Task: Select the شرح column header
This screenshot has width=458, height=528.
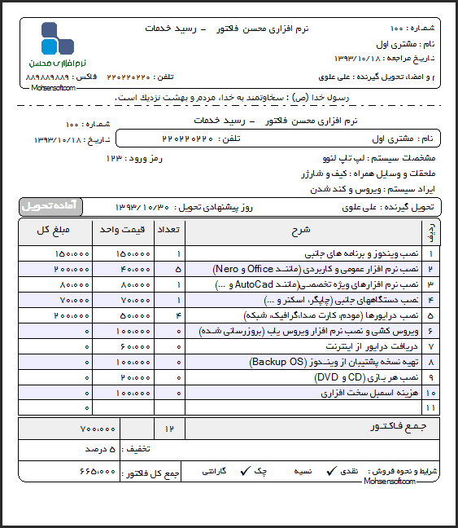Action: click(301, 231)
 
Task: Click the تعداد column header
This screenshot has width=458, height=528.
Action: click(171, 231)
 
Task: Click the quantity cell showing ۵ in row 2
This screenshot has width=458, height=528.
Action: click(177, 268)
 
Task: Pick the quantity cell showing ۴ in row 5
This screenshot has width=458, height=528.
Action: click(177, 315)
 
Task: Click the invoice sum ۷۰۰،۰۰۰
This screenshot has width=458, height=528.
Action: click(98, 429)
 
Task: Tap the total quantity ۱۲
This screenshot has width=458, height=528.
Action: click(170, 429)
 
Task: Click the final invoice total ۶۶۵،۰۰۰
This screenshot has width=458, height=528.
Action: click(98, 472)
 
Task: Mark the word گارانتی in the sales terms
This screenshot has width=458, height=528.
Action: click(213, 472)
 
